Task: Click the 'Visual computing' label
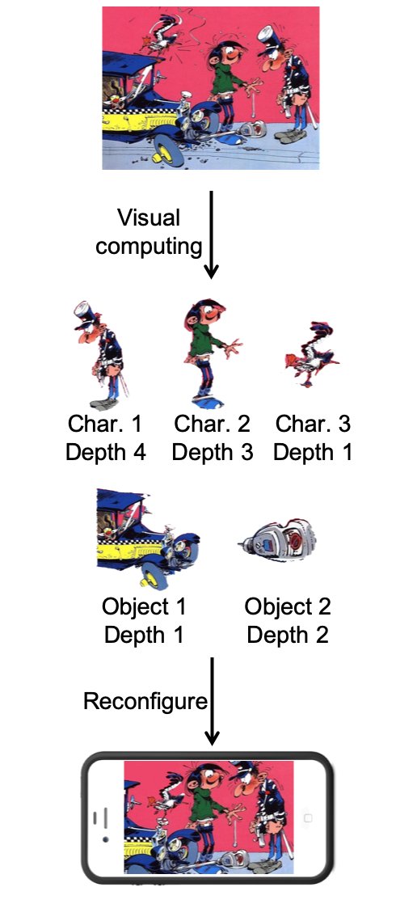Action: [x=149, y=232]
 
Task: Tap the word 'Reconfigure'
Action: [x=145, y=701]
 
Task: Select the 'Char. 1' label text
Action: [x=105, y=424]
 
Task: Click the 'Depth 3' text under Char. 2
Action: [x=212, y=453]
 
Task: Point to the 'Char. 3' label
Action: [x=313, y=424]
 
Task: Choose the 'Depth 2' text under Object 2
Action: [x=288, y=635]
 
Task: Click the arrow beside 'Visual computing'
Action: [x=212, y=234]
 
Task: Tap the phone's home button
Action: [x=308, y=817]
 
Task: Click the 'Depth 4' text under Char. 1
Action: [x=105, y=453]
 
